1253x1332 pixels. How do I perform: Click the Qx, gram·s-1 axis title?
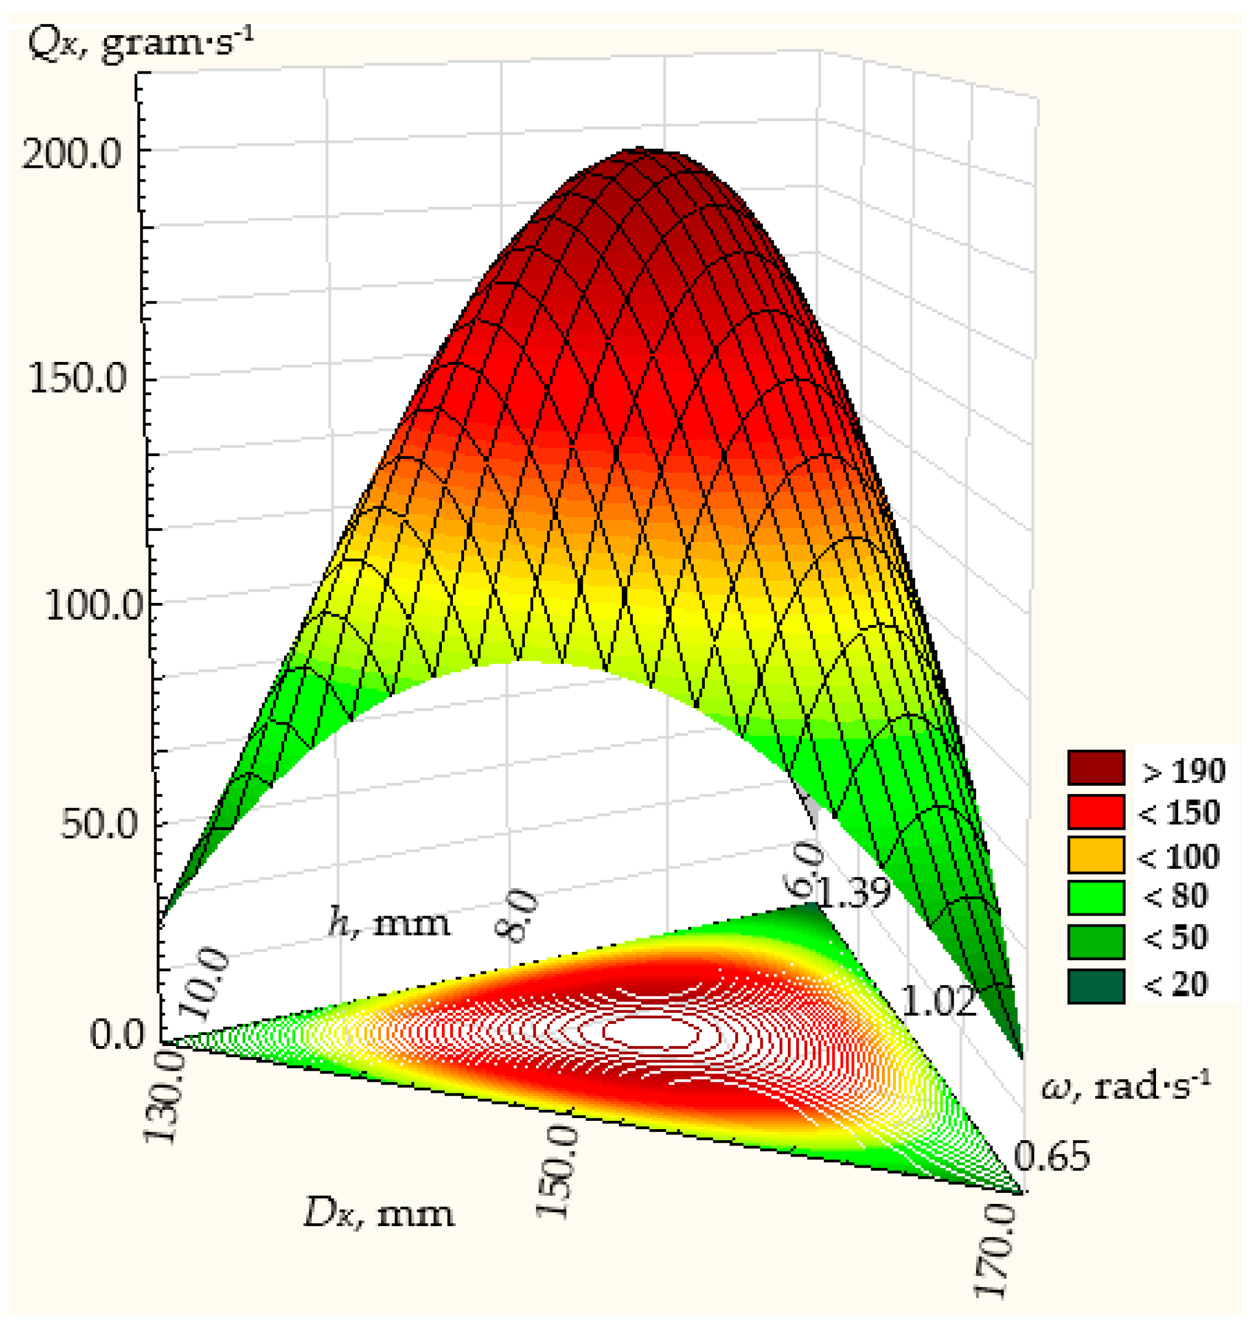(x=141, y=46)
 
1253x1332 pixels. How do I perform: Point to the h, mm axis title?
(x=389, y=924)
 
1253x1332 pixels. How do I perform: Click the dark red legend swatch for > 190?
(x=1096, y=768)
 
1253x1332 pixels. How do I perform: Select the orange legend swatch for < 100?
(x=1096, y=855)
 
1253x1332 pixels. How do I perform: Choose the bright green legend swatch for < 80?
(x=1096, y=898)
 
